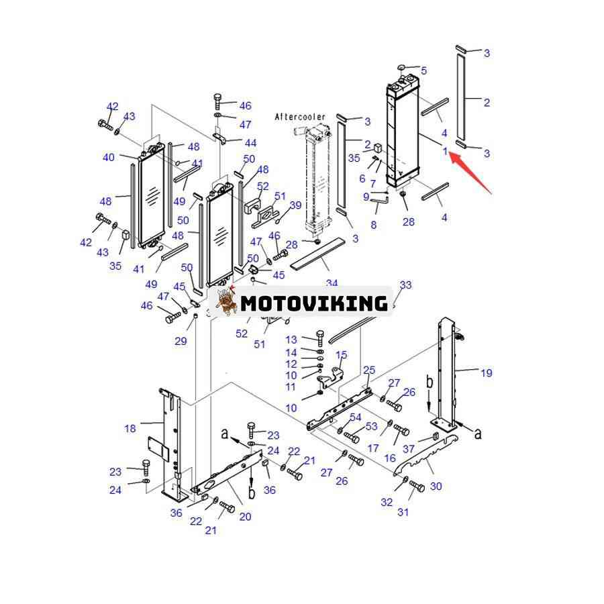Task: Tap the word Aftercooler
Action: point(299,117)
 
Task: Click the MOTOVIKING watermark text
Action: point(314,303)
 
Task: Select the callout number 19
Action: point(486,372)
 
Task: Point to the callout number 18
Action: point(130,428)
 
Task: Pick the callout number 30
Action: point(436,486)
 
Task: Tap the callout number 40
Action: point(109,157)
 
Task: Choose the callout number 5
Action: point(423,70)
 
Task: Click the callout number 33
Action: point(405,285)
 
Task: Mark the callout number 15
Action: point(342,355)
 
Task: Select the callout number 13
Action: point(291,340)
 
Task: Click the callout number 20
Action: point(245,517)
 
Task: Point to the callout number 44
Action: point(250,143)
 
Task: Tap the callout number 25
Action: point(369,370)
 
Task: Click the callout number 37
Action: point(408,449)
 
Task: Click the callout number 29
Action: point(181,342)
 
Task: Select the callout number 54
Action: point(355,417)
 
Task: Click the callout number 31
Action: point(403,513)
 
